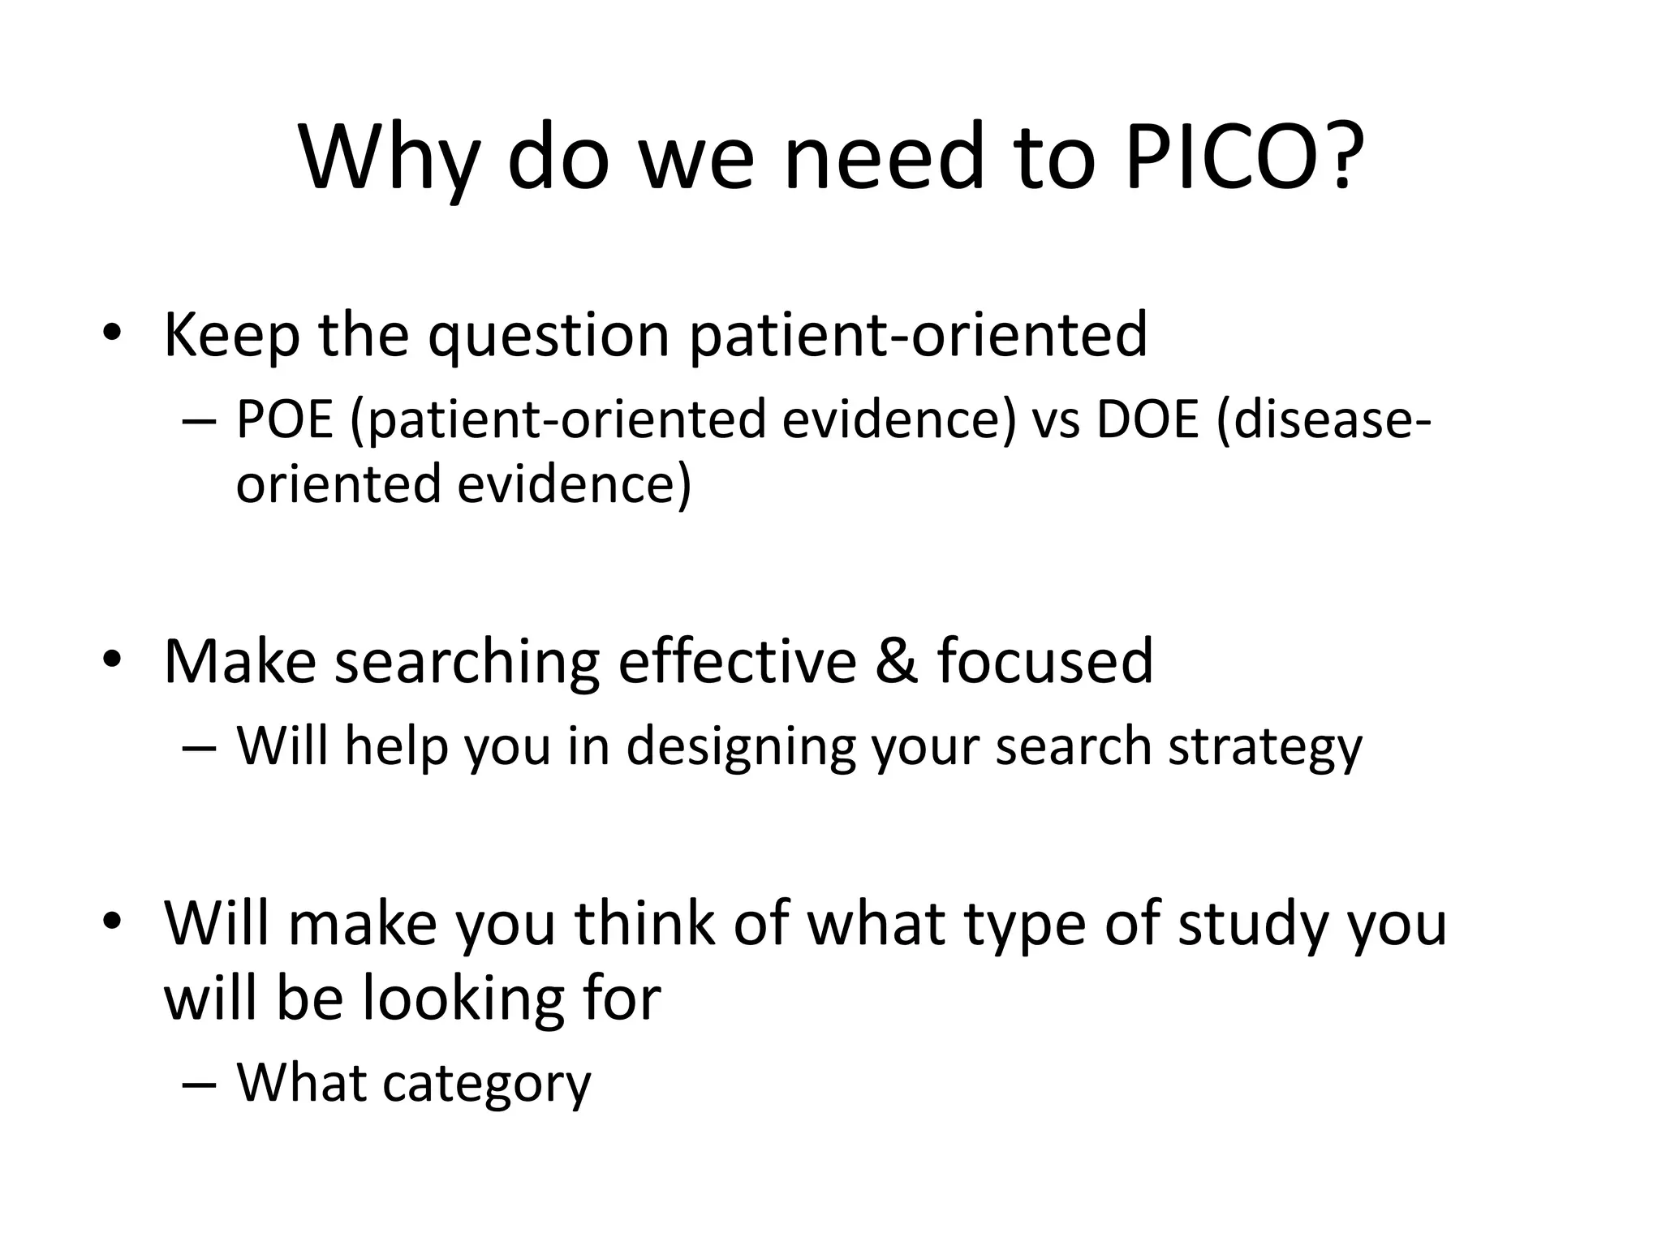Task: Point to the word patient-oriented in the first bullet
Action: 918,334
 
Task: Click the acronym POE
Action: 285,420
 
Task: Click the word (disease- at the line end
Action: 1324,420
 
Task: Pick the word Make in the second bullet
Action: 239,661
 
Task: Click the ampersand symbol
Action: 897,661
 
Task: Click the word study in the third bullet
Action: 1253,925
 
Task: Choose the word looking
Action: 463,998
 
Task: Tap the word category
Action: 486,1084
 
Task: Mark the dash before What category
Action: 200,1085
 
